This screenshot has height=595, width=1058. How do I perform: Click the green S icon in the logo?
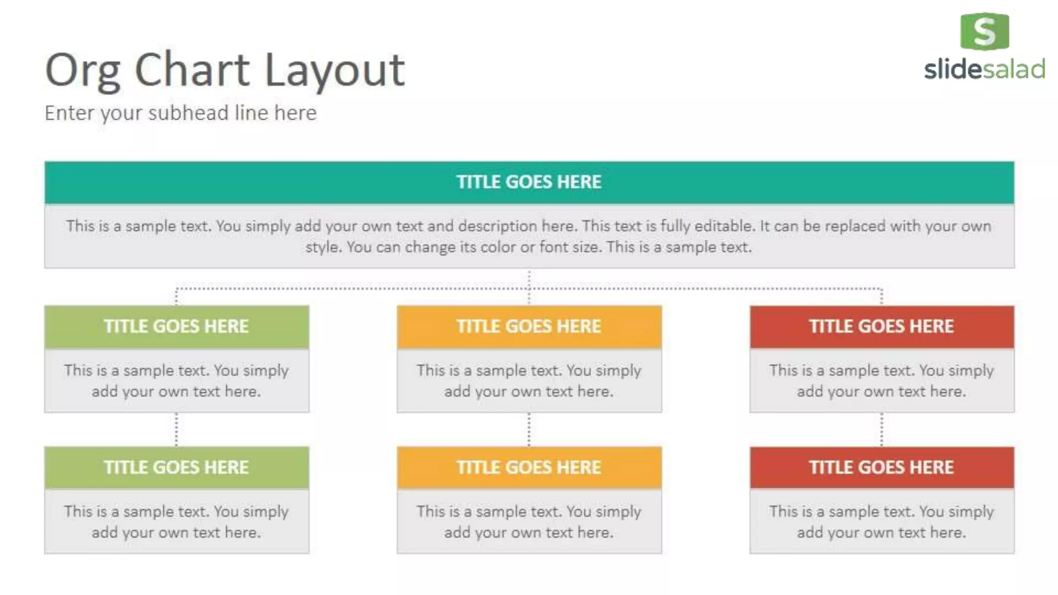point(984,32)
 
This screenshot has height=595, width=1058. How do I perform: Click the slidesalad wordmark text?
point(984,69)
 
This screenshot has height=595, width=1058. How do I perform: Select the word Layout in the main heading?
point(334,71)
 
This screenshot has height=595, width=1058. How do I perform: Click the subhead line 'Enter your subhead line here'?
point(180,113)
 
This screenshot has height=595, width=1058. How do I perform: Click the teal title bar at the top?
point(529,182)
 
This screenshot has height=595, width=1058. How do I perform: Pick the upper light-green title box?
point(177,326)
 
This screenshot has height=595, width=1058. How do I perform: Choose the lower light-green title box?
point(177,467)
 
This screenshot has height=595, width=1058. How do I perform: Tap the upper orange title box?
point(529,326)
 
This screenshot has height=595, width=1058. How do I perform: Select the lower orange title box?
point(529,467)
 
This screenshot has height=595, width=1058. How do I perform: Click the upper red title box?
point(882,326)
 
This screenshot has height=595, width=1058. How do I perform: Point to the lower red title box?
point(882,467)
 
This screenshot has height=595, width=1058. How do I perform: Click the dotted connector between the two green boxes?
point(177,429)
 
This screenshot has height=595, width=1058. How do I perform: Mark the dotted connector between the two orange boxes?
point(529,429)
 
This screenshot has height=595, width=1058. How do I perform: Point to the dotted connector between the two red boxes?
point(882,429)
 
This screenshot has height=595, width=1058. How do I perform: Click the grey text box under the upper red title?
point(882,381)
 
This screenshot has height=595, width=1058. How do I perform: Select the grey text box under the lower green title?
point(177,522)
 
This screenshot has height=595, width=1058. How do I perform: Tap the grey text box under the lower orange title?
point(529,522)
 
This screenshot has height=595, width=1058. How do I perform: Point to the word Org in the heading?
point(83,71)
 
